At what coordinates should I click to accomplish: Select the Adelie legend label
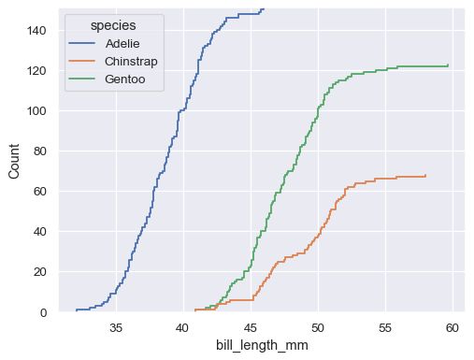click(x=124, y=43)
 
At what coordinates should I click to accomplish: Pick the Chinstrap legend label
click(x=132, y=62)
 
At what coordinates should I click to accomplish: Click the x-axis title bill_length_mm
click(x=263, y=346)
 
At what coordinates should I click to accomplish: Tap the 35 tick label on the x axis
click(x=116, y=328)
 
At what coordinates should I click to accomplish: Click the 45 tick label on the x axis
click(x=251, y=328)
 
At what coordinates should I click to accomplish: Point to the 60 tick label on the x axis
click(x=452, y=328)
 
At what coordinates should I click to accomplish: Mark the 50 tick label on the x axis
click(x=318, y=328)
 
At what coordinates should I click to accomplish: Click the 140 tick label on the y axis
click(x=35, y=30)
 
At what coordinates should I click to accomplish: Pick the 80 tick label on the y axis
click(x=38, y=151)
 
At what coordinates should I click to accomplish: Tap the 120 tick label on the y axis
click(x=35, y=71)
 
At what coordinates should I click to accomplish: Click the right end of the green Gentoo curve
click(x=449, y=65)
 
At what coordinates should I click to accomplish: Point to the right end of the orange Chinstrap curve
click(x=426, y=175)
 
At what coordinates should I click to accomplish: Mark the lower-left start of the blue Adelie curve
click(x=76, y=310)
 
